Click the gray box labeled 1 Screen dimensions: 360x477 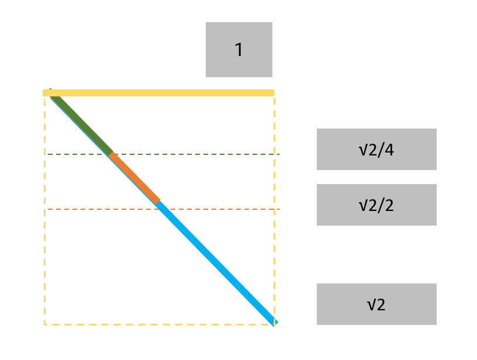pos(238,50)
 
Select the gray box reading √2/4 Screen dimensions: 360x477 pos(376,149)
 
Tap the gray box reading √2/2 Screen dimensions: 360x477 pos(376,205)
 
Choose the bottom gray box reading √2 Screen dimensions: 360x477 pos(376,304)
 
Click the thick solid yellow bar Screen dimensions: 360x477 pos(158,92)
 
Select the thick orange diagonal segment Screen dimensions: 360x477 pos(134,178)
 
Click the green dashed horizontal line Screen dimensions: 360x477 pos(193,154)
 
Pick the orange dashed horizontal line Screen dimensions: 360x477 pos(222,209)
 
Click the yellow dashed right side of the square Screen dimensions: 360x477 pos(274,175)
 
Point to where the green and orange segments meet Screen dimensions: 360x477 pos(110,154)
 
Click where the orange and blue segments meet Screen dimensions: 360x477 pos(158,202)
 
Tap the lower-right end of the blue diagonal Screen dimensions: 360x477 pos(275,321)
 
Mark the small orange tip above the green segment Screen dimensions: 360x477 pos(50,90)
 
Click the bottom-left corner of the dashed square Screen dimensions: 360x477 pos(45,324)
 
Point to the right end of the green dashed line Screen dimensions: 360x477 pos(279,154)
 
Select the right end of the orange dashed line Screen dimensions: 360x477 pos(279,209)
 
